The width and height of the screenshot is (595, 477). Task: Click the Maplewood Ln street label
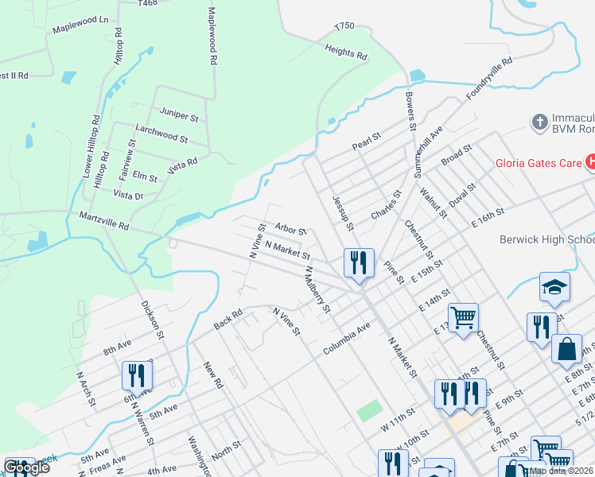pos(80,29)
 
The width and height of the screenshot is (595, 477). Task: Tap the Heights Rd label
pos(346,53)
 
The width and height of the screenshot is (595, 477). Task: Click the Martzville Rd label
pos(103,220)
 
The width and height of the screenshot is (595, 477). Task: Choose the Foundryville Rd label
pos(489,77)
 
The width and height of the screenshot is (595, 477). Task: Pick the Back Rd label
pos(227,320)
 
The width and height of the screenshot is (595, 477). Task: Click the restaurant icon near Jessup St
pos(359,262)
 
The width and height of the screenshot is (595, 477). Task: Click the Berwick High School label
pos(547,239)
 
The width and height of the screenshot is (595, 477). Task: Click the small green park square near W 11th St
pos(369,411)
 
